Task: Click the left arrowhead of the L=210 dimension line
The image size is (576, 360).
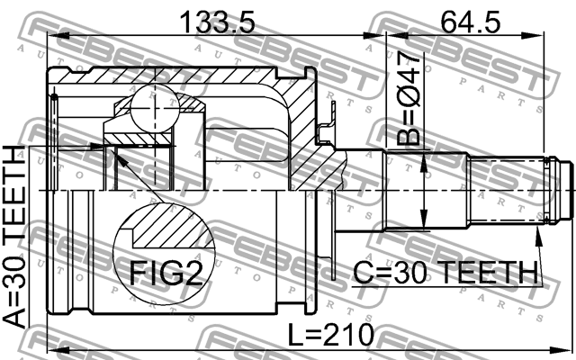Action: pos(51,349)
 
